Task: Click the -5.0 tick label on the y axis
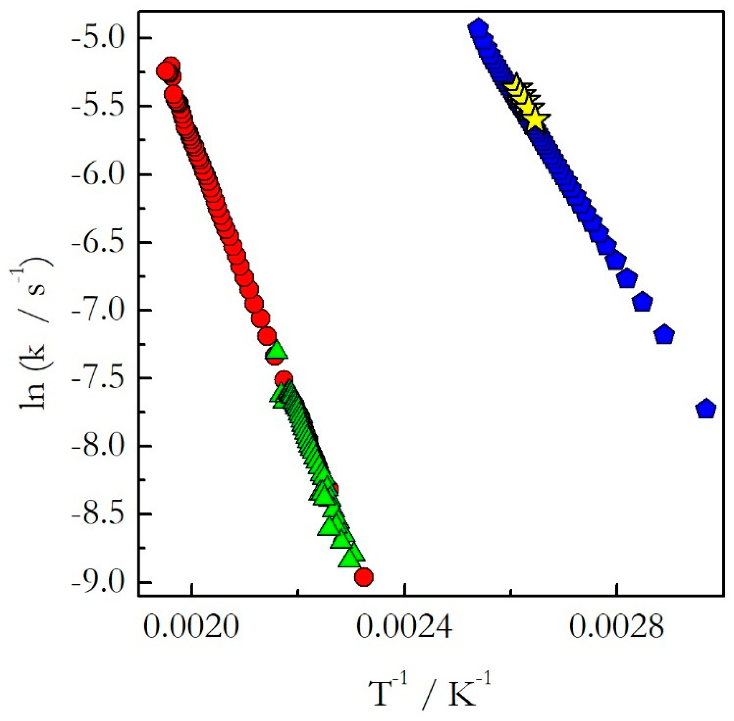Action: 99,38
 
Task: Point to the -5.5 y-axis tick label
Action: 99,106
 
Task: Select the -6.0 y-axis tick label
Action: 99,174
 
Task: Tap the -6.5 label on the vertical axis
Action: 99,242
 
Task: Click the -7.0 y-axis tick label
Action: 99,310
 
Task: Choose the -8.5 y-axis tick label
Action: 99,514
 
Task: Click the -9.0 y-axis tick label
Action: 99,582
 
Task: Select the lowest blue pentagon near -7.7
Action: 706,409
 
